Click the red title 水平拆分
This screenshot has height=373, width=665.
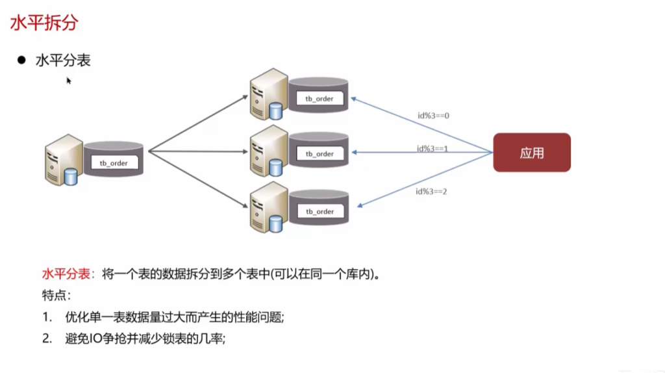(x=44, y=23)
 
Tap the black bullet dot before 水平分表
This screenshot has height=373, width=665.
(x=21, y=60)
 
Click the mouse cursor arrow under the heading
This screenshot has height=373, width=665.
(x=68, y=80)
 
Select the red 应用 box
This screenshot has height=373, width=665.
(x=532, y=153)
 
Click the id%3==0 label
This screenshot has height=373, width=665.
(x=434, y=116)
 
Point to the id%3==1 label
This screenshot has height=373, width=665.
(x=433, y=149)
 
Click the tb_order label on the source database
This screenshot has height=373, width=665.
(x=114, y=163)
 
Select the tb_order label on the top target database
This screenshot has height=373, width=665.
(x=320, y=99)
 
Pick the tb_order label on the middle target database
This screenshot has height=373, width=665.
(x=320, y=154)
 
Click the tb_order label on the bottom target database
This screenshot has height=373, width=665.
(x=320, y=212)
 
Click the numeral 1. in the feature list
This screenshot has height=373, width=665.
(x=47, y=317)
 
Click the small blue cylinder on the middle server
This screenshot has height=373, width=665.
(x=277, y=167)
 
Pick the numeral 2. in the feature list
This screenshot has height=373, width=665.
(x=47, y=339)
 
